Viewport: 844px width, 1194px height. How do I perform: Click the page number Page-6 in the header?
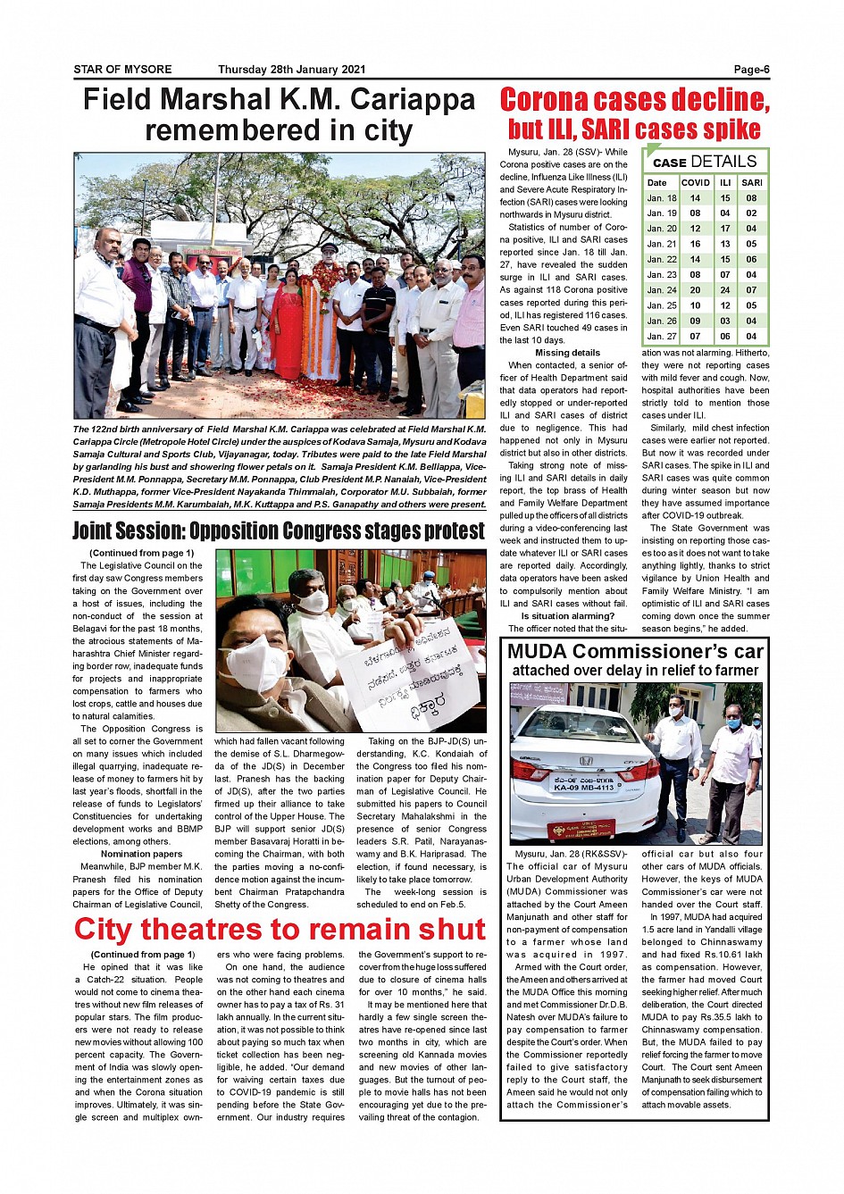pyautogui.click(x=751, y=70)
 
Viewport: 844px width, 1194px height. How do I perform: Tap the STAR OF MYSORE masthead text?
pyautogui.click(x=122, y=70)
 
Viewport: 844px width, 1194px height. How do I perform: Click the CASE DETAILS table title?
pyautogui.click(x=705, y=162)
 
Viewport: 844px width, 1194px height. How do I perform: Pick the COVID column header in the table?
pyautogui.click(x=695, y=182)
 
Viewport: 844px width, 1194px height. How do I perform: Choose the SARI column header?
pyautogui.click(x=752, y=182)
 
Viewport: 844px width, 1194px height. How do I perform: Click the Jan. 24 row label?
pyautogui.click(x=662, y=290)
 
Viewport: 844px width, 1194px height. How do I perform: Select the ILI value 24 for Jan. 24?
pyautogui.click(x=725, y=290)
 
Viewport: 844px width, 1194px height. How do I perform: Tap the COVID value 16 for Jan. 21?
pyautogui.click(x=695, y=244)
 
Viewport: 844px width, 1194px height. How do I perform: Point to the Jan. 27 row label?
pyautogui.click(x=662, y=337)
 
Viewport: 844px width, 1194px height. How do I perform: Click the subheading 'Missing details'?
pyautogui.click(x=567, y=353)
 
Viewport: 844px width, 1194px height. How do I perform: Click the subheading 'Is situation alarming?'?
pyautogui.click(x=568, y=616)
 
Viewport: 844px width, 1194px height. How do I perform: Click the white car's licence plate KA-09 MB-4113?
pyautogui.click(x=584, y=787)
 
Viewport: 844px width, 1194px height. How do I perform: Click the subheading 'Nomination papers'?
pyautogui.click(x=141, y=854)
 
